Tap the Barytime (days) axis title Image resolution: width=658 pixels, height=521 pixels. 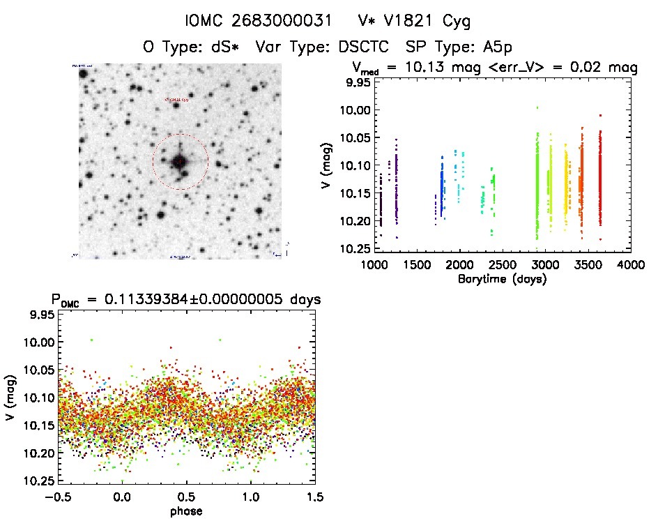coord(502,280)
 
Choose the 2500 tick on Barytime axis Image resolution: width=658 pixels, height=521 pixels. coord(502,266)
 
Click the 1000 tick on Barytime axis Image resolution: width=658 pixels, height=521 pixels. coord(374,266)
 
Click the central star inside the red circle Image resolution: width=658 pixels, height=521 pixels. coord(179,162)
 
